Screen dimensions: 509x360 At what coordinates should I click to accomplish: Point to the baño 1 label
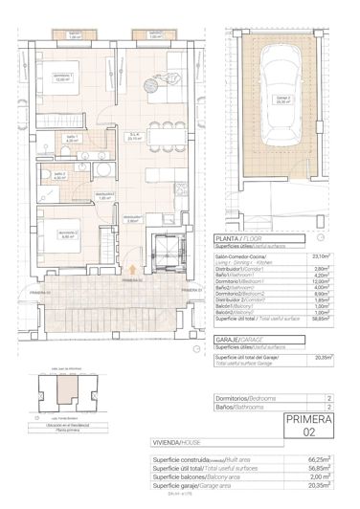click(58, 139)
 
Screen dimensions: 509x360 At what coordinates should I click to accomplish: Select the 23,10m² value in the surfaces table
click(322, 255)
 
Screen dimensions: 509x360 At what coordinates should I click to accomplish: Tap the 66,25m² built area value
click(321, 459)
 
